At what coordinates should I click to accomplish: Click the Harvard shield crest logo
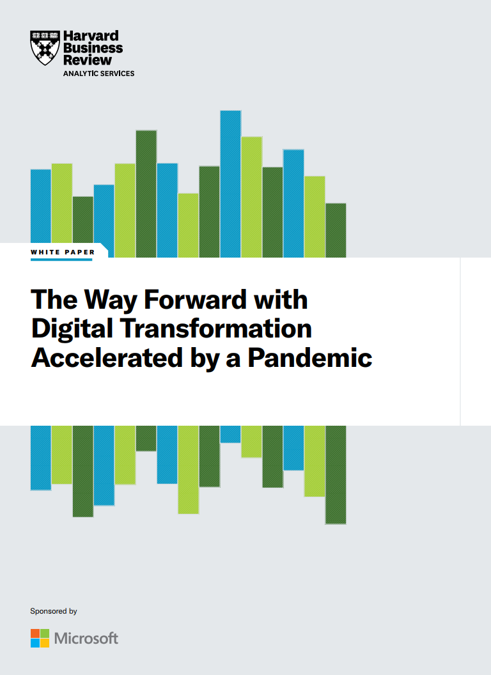pyautogui.click(x=45, y=48)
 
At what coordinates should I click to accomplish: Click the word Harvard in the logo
pyautogui.click(x=91, y=36)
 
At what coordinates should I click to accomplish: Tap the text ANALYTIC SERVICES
pyautogui.click(x=98, y=74)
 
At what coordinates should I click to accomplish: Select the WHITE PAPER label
pyautogui.click(x=63, y=252)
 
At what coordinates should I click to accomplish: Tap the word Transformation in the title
pyautogui.click(x=216, y=329)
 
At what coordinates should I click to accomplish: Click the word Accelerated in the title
pyautogui.click(x=107, y=358)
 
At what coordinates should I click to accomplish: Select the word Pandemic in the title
pyautogui.click(x=309, y=358)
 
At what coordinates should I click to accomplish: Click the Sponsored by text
pyautogui.click(x=54, y=611)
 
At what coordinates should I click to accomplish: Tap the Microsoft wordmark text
pyautogui.click(x=86, y=638)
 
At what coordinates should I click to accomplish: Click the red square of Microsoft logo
pyautogui.click(x=35, y=633)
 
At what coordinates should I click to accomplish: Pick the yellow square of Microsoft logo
pyautogui.click(x=45, y=643)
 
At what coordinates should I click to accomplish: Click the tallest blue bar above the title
pyautogui.click(x=230, y=184)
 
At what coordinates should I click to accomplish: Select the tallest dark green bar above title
pyautogui.click(x=146, y=194)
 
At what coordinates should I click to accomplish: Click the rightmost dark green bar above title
pyautogui.click(x=336, y=231)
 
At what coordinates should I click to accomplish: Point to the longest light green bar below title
pyautogui.click(x=188, y=470)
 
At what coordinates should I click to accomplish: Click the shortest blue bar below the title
pyautogui.click(x=230, y=434)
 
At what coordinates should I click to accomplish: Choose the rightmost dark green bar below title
pyautogui.click(x=336, y=475)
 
